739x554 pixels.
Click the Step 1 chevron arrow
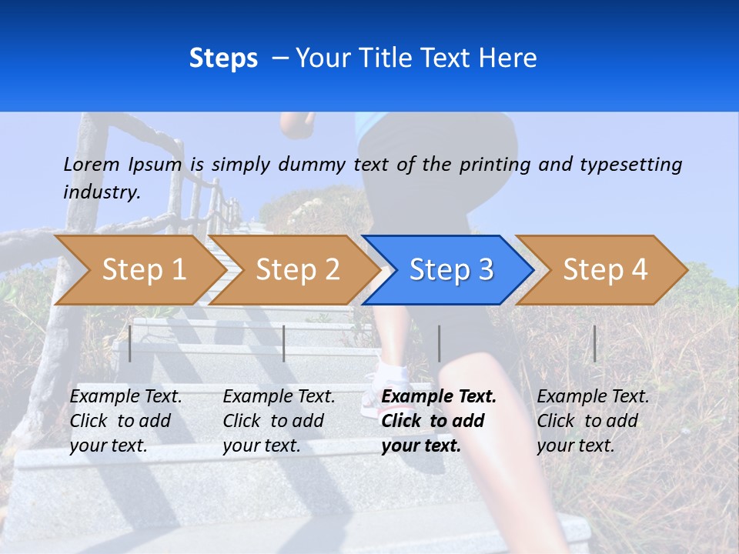click(x=143, y=269)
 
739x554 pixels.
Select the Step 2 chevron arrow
click(x=297, y=269)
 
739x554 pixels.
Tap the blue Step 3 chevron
click(x=450, y=269)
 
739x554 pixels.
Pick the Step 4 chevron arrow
click(x=604, y=269)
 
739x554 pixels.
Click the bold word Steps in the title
click(x=223, y=58)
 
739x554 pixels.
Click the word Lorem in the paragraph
click(x=92, y=164)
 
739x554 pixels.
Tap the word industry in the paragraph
click(x=102, y=192)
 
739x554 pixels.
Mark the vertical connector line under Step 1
click(x=130, y=343)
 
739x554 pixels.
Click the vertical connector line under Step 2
click(x=284, y=343)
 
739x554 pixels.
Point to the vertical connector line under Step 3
click(x=439, y=343)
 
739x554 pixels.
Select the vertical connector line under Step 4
click(x=594, y=343)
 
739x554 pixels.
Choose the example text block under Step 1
click(x=125, y=421)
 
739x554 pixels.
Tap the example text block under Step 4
click(x=593, y=421)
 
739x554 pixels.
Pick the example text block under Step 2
click(x=279, y=421)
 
